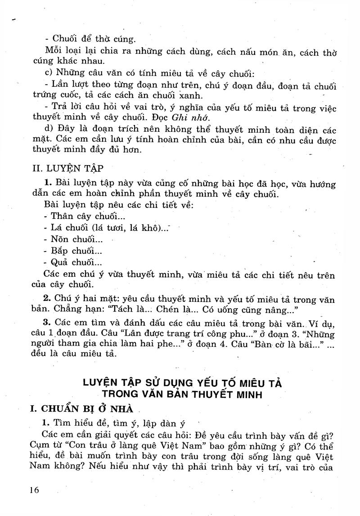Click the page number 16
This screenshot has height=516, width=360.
(34, 489)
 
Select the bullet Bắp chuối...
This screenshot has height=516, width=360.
(72, 251)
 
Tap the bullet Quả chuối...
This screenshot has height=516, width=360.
(73, 263)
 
